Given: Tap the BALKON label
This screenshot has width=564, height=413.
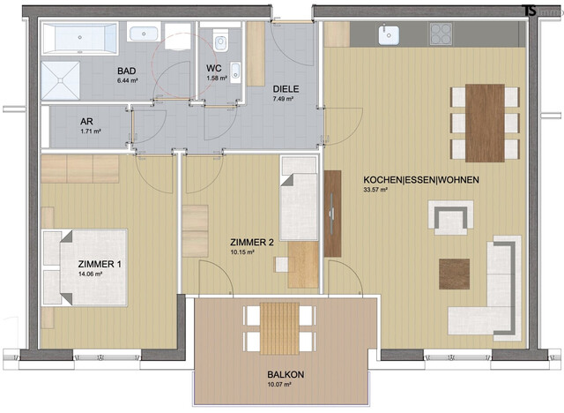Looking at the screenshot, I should [x=286, y=375].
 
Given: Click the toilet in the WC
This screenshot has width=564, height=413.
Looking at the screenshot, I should [x=220, y=39].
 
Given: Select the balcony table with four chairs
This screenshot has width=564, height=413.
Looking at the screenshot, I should [x=276, y=328].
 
